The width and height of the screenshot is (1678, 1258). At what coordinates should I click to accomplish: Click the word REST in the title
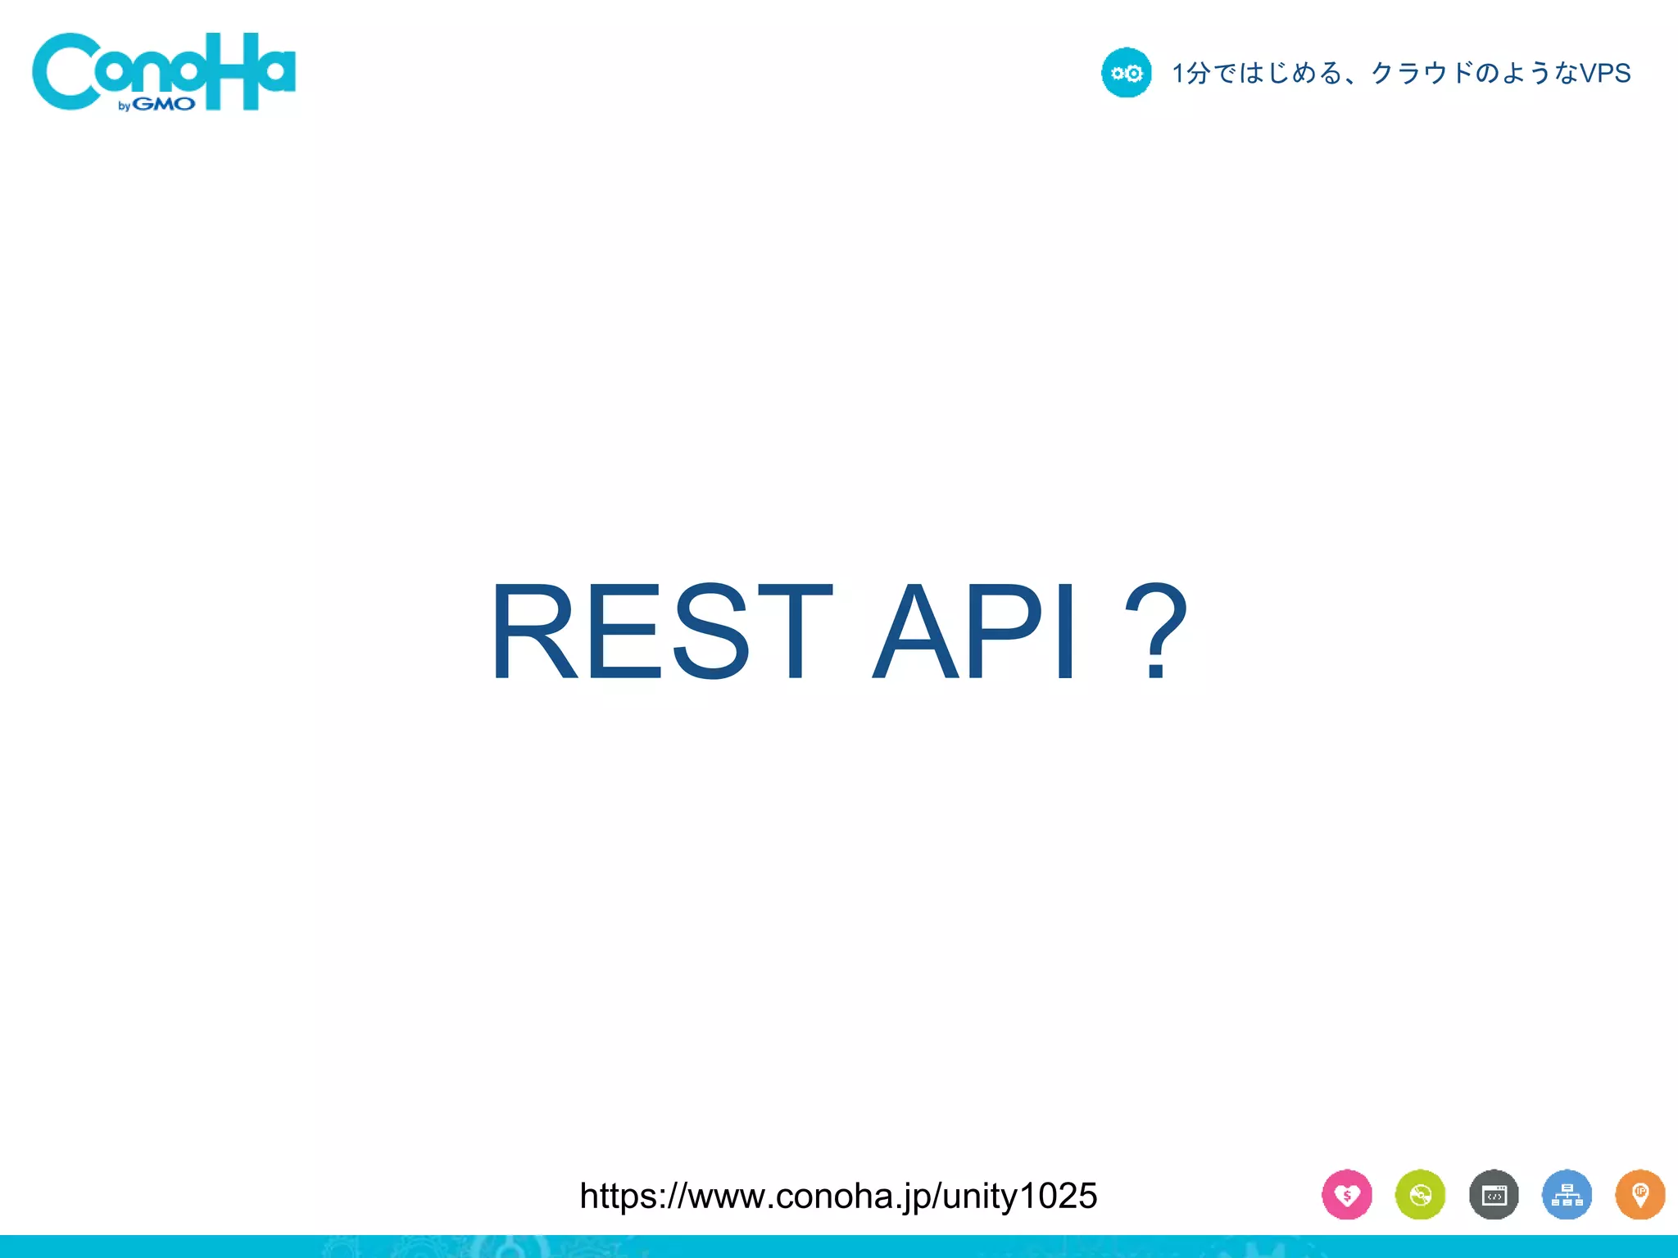(x=660, y=631)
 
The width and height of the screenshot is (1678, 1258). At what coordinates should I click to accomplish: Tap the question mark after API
(x=1156, y=631)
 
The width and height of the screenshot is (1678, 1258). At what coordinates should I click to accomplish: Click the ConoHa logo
(x=164, y=72)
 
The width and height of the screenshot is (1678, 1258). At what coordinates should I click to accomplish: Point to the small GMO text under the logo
(x=164, y=105)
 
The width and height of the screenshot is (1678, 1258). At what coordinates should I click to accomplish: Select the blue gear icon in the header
(x=1127, y=73)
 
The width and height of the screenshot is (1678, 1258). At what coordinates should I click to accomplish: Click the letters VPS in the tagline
(x=1605, y=73)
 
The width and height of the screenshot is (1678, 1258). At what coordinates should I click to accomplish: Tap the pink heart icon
(x=1347, y=1195)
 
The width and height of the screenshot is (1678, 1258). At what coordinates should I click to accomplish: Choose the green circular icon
(x=1420, y=1195)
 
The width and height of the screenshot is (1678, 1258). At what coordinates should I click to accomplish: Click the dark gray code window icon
(x=1494, y=1195)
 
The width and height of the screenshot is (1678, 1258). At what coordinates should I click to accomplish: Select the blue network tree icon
(x=1567, y=1195)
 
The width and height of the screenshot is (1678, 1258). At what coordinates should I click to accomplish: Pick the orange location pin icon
(x=1639, y=1195)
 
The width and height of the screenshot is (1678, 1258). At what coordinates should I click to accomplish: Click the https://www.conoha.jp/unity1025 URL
(x=838, y=1197)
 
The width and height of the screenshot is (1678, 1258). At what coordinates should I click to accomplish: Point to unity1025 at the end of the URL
(x=1019, y=1197)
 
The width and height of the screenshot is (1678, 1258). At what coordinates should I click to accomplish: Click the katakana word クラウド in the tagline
(x=1422, y=73)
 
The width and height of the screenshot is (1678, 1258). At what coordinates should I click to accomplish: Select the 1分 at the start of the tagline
(x=1190, y=73)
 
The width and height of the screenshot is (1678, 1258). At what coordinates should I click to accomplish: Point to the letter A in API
(x=914, y=631)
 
